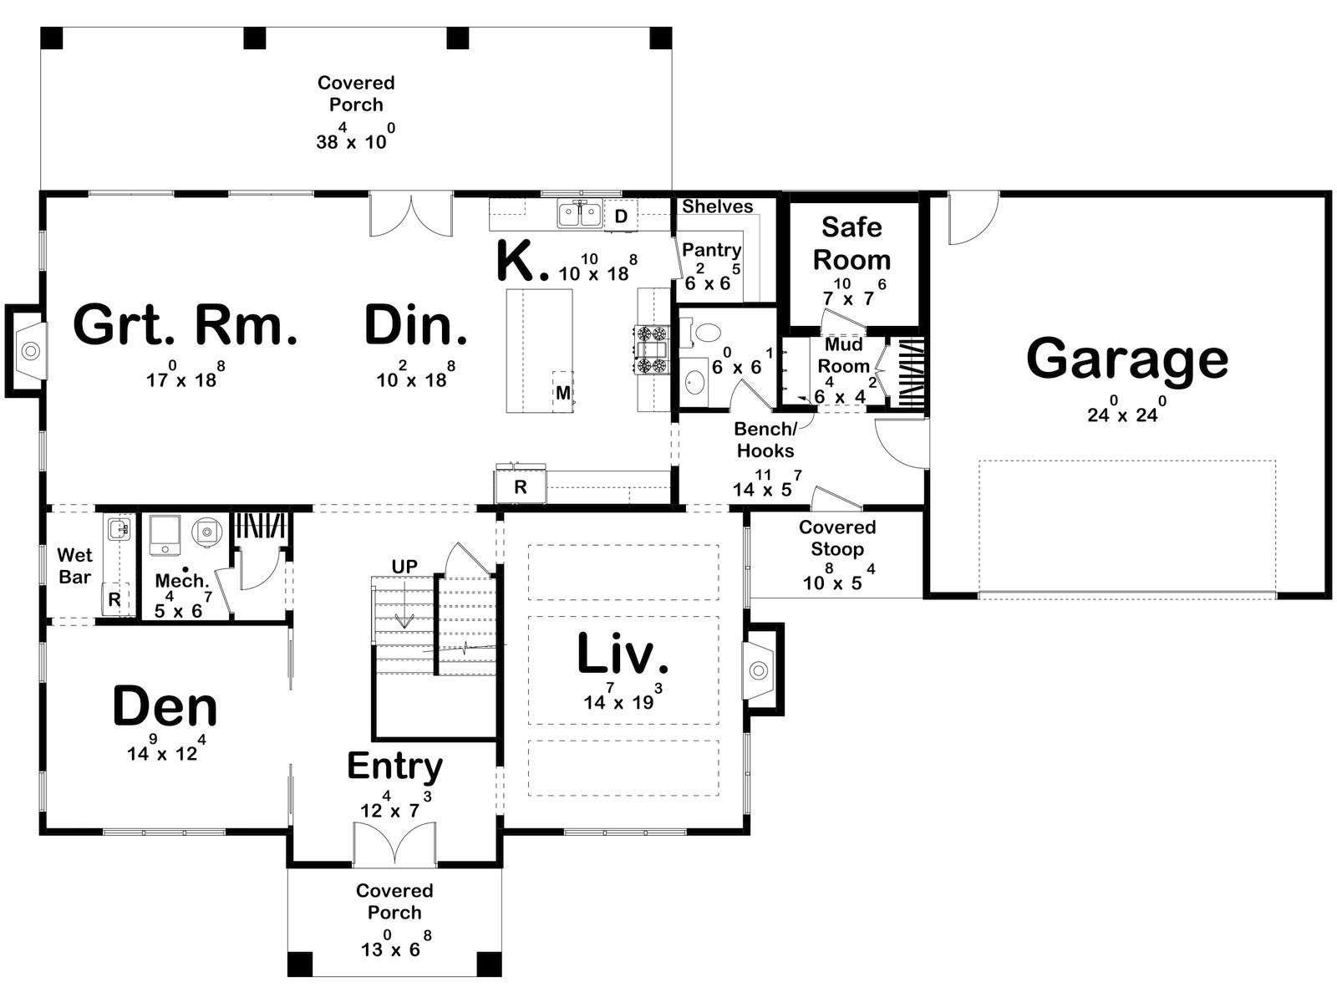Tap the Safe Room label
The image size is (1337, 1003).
852,243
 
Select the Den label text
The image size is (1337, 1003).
165,706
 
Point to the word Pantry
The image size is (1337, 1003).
711,250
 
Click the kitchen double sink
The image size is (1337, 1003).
580,214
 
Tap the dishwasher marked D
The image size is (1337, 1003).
621,216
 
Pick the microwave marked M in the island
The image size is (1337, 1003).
563,392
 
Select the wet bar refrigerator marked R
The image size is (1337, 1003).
114,599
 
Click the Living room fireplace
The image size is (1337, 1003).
761,670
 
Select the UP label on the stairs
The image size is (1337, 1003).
404,567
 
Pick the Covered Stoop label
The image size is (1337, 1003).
837,538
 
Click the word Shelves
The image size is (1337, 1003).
717,206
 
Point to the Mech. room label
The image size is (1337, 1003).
181,580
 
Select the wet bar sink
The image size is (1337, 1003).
119,529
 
